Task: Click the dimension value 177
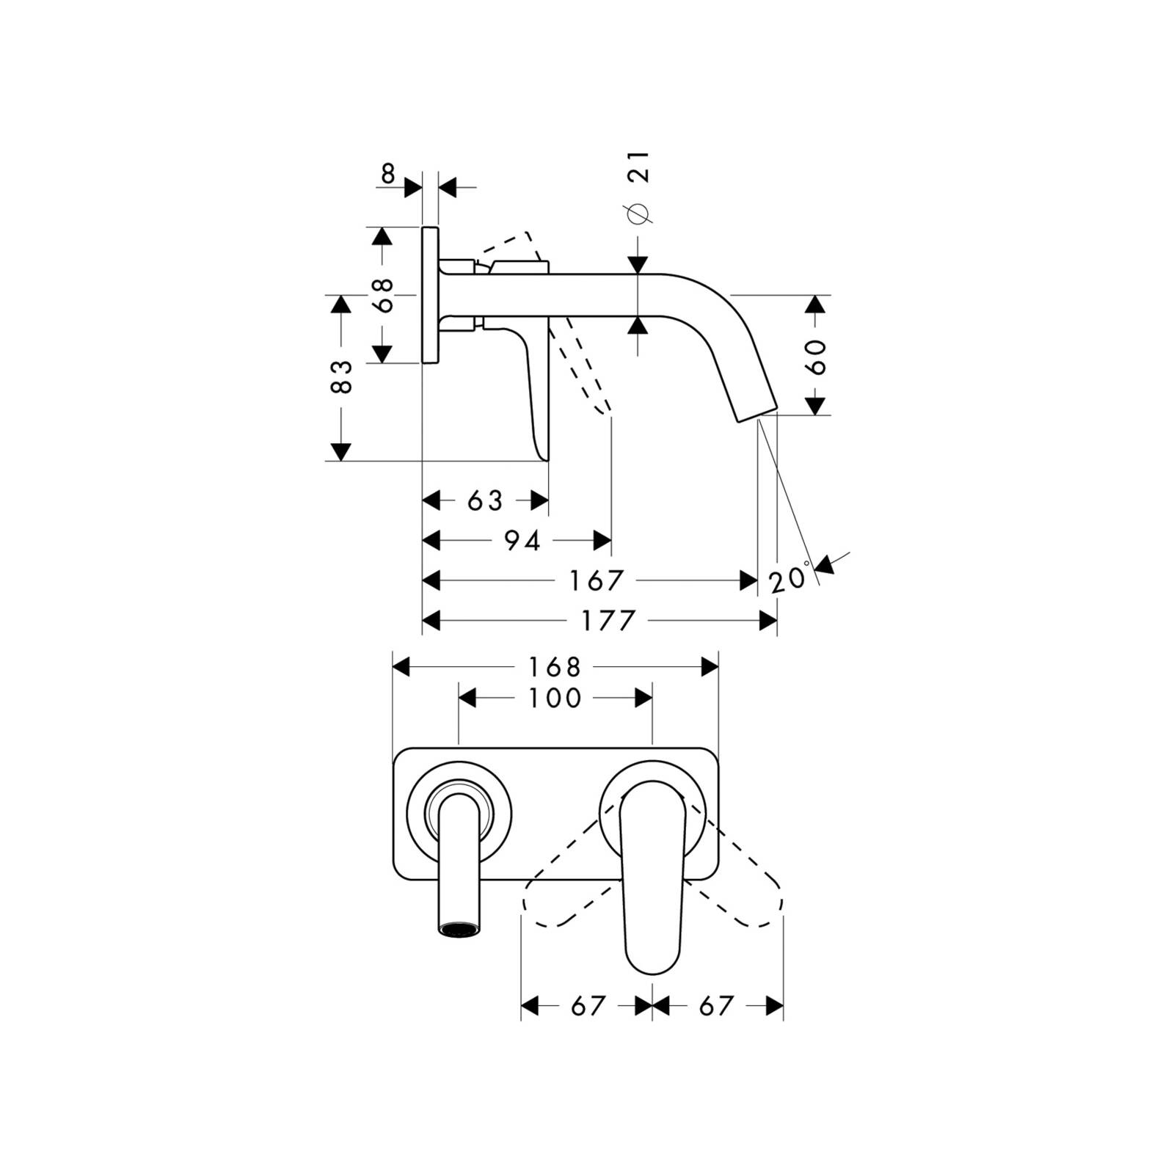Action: point(608,621)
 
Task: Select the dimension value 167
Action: point(597,581)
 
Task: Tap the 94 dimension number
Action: point(522,542)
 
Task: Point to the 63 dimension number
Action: point(485,501)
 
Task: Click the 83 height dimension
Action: point(342,376)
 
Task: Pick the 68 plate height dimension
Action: point(383,295)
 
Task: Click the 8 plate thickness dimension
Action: point(388,174)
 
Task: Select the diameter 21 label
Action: point(637,186)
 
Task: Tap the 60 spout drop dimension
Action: point(817,357)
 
